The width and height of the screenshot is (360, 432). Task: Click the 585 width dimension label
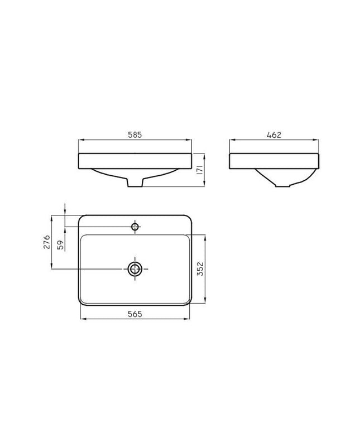point(135,135)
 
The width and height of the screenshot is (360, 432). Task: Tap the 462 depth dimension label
point(274,135)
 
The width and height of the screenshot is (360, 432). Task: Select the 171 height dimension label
point(200,170)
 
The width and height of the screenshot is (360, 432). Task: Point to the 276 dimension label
point(47,242)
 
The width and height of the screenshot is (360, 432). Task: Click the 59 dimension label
point(60,244)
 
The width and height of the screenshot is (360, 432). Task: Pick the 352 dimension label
point(200,268)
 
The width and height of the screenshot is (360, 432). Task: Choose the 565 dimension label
point(135,314)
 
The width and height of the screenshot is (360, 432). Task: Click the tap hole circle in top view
point(135,227)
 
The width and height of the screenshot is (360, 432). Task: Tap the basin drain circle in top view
point(135,269)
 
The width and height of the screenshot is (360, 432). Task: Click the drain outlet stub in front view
point(135,183)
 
